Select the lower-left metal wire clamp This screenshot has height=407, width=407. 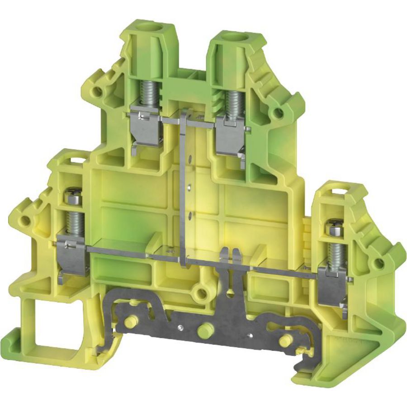click(x=73, y=256)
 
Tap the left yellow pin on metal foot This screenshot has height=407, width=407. click(x=129, y=322)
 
